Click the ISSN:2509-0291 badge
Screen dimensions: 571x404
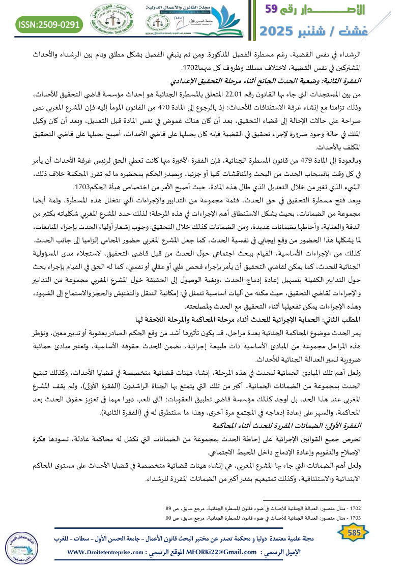[x=49, y=24]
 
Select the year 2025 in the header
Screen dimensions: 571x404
[x=280, y=31]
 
